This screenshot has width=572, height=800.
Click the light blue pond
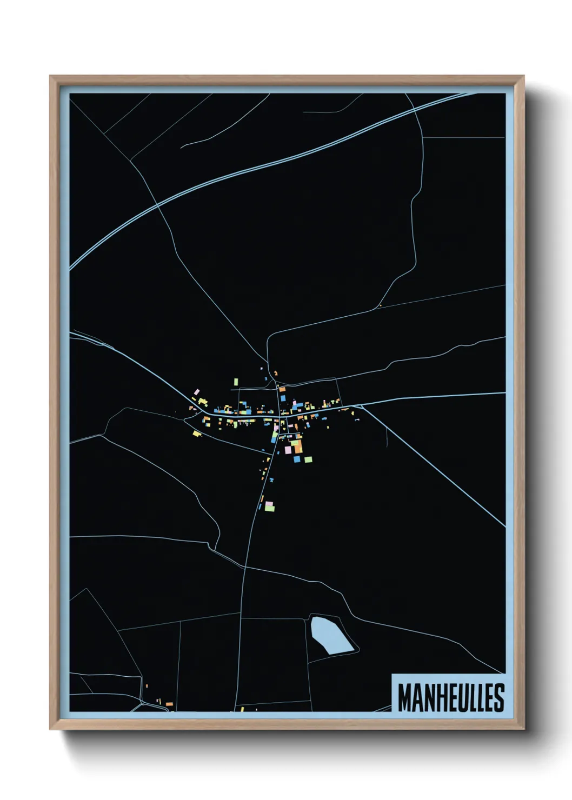coord(329,635)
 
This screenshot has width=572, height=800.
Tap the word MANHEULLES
coord(451,698)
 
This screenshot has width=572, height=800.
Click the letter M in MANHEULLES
coord(405,698)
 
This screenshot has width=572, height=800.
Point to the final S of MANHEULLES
coord(499,698)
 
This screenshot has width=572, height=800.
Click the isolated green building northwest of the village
coord(236,382)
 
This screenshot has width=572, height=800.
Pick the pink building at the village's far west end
coord(197,391)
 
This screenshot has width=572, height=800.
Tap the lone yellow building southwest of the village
coord(196,432)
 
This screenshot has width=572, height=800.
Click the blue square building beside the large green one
coord(296,459)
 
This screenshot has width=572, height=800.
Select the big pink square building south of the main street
coord(288,449)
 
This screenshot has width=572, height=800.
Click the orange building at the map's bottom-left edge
coord(169,704)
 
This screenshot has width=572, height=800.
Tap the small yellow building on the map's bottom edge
coord(242,709)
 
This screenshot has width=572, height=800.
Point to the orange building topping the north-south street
coord(282,389)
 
